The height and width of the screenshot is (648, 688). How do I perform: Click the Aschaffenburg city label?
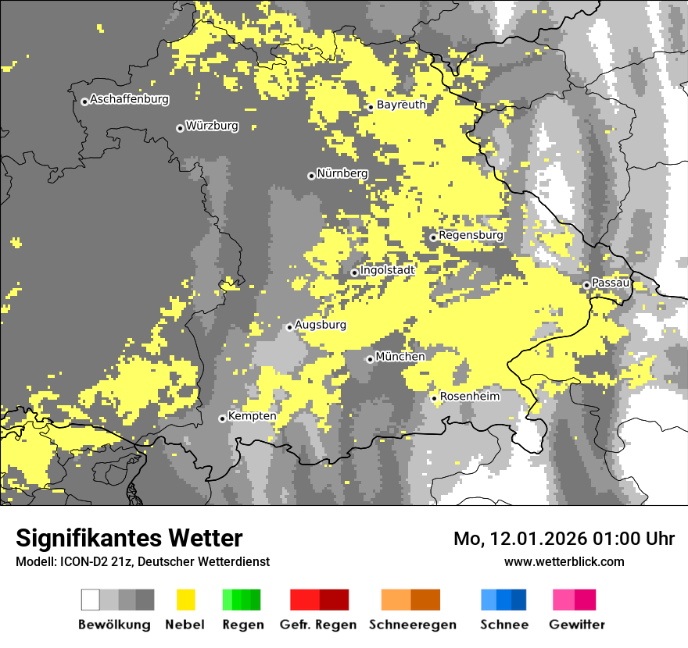coord(129,99)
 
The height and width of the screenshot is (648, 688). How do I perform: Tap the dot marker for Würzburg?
coord(180,128)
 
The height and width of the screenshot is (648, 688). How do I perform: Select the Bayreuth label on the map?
coord(401,105)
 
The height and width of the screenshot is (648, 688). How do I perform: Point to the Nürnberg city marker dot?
coord(311,176)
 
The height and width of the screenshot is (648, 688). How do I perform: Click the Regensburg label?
coord(471,234)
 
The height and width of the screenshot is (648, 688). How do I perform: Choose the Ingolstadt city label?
coord(387,270)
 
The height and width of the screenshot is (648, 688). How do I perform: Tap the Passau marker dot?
coord(586,285)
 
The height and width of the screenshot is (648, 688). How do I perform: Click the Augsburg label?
coord(321,325)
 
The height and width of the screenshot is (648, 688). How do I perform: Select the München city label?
coord(400,356)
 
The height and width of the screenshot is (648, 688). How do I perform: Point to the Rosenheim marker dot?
coord(434,398)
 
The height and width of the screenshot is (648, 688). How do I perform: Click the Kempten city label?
coord(252,416)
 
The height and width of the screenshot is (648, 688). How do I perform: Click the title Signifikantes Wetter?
coord(129,538)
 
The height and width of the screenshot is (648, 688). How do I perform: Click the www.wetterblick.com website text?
coord(564,561)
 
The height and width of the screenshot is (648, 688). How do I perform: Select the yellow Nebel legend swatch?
coord(185,600)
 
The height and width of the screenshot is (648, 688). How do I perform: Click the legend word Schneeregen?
coord(412,625)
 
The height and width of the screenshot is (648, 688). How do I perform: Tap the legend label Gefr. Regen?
coord(318,625)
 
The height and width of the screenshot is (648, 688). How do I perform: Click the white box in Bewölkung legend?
coord(90,600)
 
